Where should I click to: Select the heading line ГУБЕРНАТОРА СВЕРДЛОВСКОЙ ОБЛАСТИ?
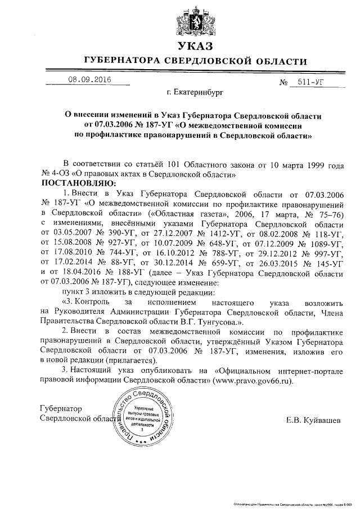coord(195,61)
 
